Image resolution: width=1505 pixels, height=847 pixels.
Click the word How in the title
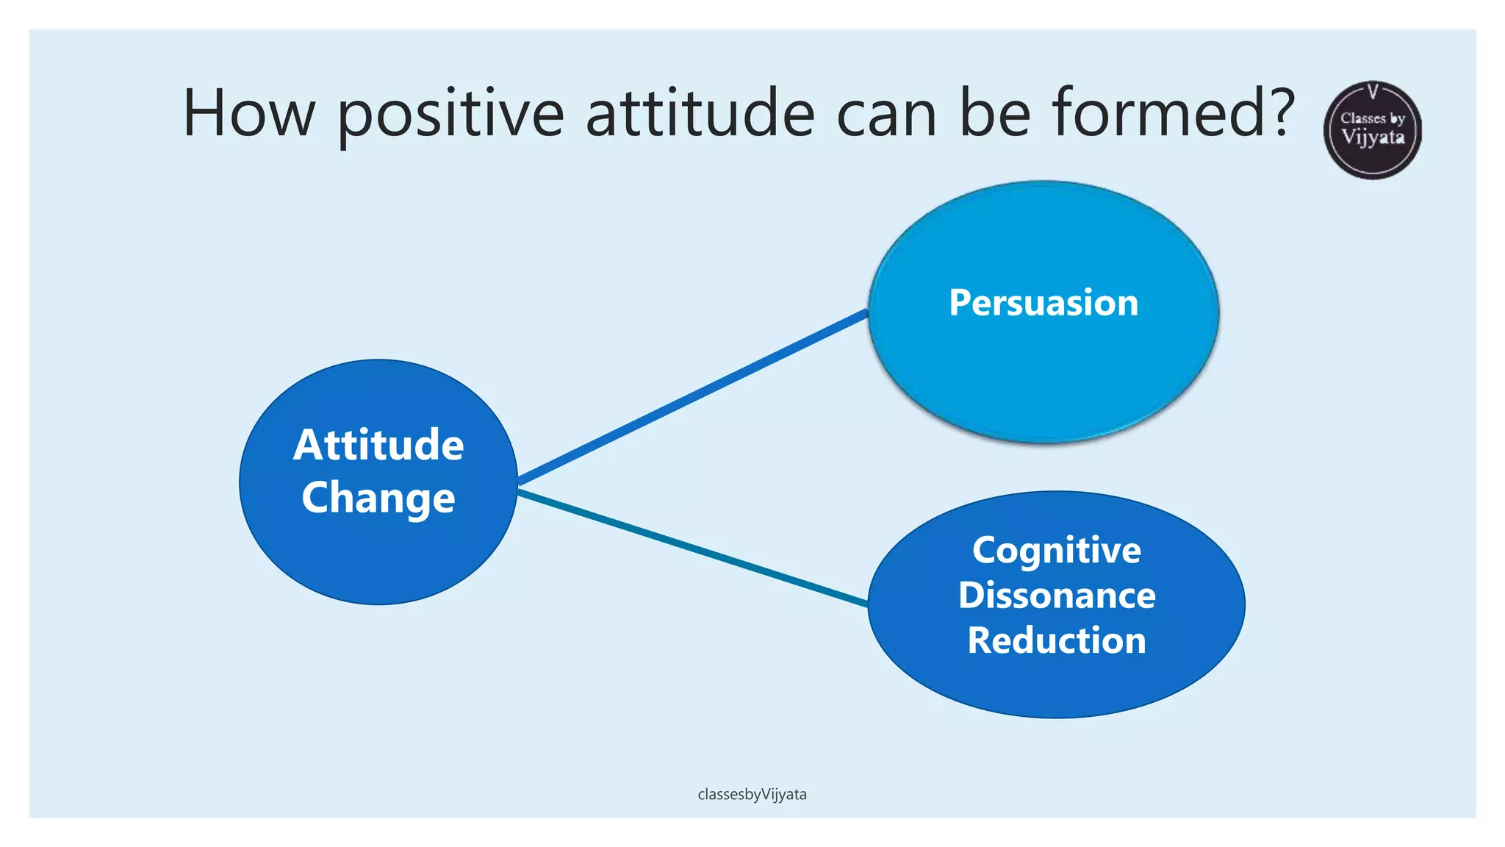[x=248, y=114]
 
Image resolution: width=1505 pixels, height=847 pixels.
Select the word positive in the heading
[x=450, y=114]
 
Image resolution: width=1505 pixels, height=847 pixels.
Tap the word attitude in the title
[x=700, y=114]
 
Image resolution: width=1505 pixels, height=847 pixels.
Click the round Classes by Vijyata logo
[x=1372, y=130]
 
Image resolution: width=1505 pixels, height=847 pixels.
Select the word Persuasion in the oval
[x=1044, y=303]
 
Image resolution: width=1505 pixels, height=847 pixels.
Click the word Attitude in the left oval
[x=378, y=445]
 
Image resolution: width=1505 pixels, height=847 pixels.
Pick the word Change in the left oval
[x=378, y=498]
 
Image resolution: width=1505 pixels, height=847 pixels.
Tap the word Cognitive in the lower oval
[x=1057, y=551]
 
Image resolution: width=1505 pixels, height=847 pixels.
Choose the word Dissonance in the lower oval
[x=1057, y=595]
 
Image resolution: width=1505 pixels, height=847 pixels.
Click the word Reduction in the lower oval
[x=1057, y=640]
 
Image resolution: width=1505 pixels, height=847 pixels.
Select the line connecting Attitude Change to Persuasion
[x=692, y=398]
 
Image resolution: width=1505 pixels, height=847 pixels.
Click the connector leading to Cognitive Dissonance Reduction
[x=692, y=548]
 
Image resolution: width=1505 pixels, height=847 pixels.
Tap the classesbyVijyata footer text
[x=752, y=795]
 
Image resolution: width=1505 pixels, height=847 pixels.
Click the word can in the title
[x=886, y=114]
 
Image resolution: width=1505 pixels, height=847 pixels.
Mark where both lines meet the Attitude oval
[x=517, y=487]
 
